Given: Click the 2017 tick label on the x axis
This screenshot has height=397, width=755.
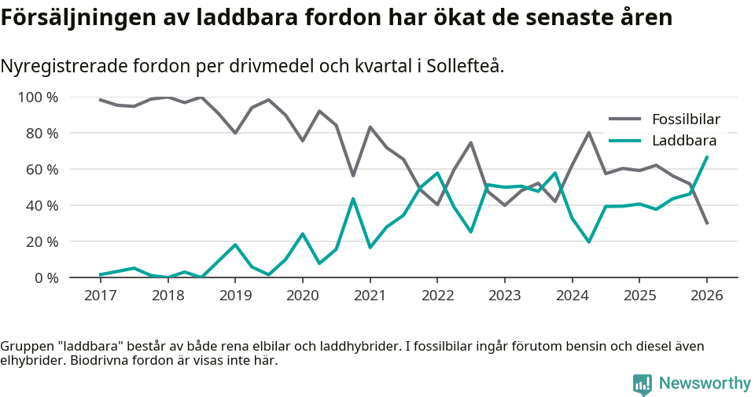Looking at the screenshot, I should (x=100, y=296).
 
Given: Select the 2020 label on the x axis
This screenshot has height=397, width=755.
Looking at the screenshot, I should (x=302, y=296).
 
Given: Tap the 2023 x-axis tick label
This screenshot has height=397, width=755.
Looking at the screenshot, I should (x=504, y=296).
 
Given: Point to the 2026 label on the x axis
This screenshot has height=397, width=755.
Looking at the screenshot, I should (x=706, y=296).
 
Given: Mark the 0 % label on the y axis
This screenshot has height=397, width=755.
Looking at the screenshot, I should (x=46, y=278).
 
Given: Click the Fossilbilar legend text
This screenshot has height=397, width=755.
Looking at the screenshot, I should (x=686, y=119).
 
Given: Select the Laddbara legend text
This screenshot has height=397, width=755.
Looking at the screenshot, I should (x=684, y=142).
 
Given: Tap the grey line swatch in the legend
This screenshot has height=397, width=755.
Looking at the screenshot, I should (x=625, y=119).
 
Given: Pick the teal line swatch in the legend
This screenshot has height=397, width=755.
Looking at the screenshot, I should (x=625, y=142).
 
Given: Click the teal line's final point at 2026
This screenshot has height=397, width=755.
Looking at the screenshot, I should (x=707, y=156).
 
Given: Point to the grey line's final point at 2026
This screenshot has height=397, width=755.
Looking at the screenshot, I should (x=707, y=224).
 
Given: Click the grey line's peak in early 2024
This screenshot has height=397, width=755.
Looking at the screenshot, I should (x=589, y=132).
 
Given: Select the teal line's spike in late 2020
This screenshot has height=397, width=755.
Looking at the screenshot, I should (x=353, y=199).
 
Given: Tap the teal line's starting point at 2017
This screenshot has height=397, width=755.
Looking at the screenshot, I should (x=100, y=274).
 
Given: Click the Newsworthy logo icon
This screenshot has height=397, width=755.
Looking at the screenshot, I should (x=643, y=384).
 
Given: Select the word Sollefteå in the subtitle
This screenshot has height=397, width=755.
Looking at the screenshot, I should (x=464, y=66).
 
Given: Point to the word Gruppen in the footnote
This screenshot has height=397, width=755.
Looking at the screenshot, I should (x=25, y=347).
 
